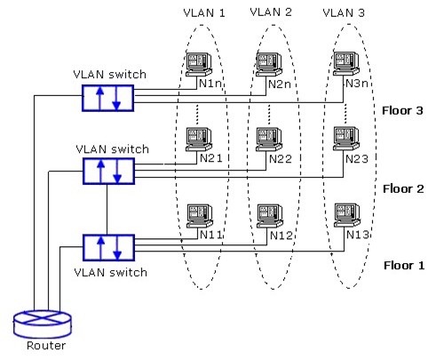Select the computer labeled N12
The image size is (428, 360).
[x=268, y=215]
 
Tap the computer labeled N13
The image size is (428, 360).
[x=344, y=215]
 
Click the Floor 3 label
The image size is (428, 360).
[x=403, y=111]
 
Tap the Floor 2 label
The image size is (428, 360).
[x=403, y=188]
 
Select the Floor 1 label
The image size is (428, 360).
[x=403, y=265]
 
